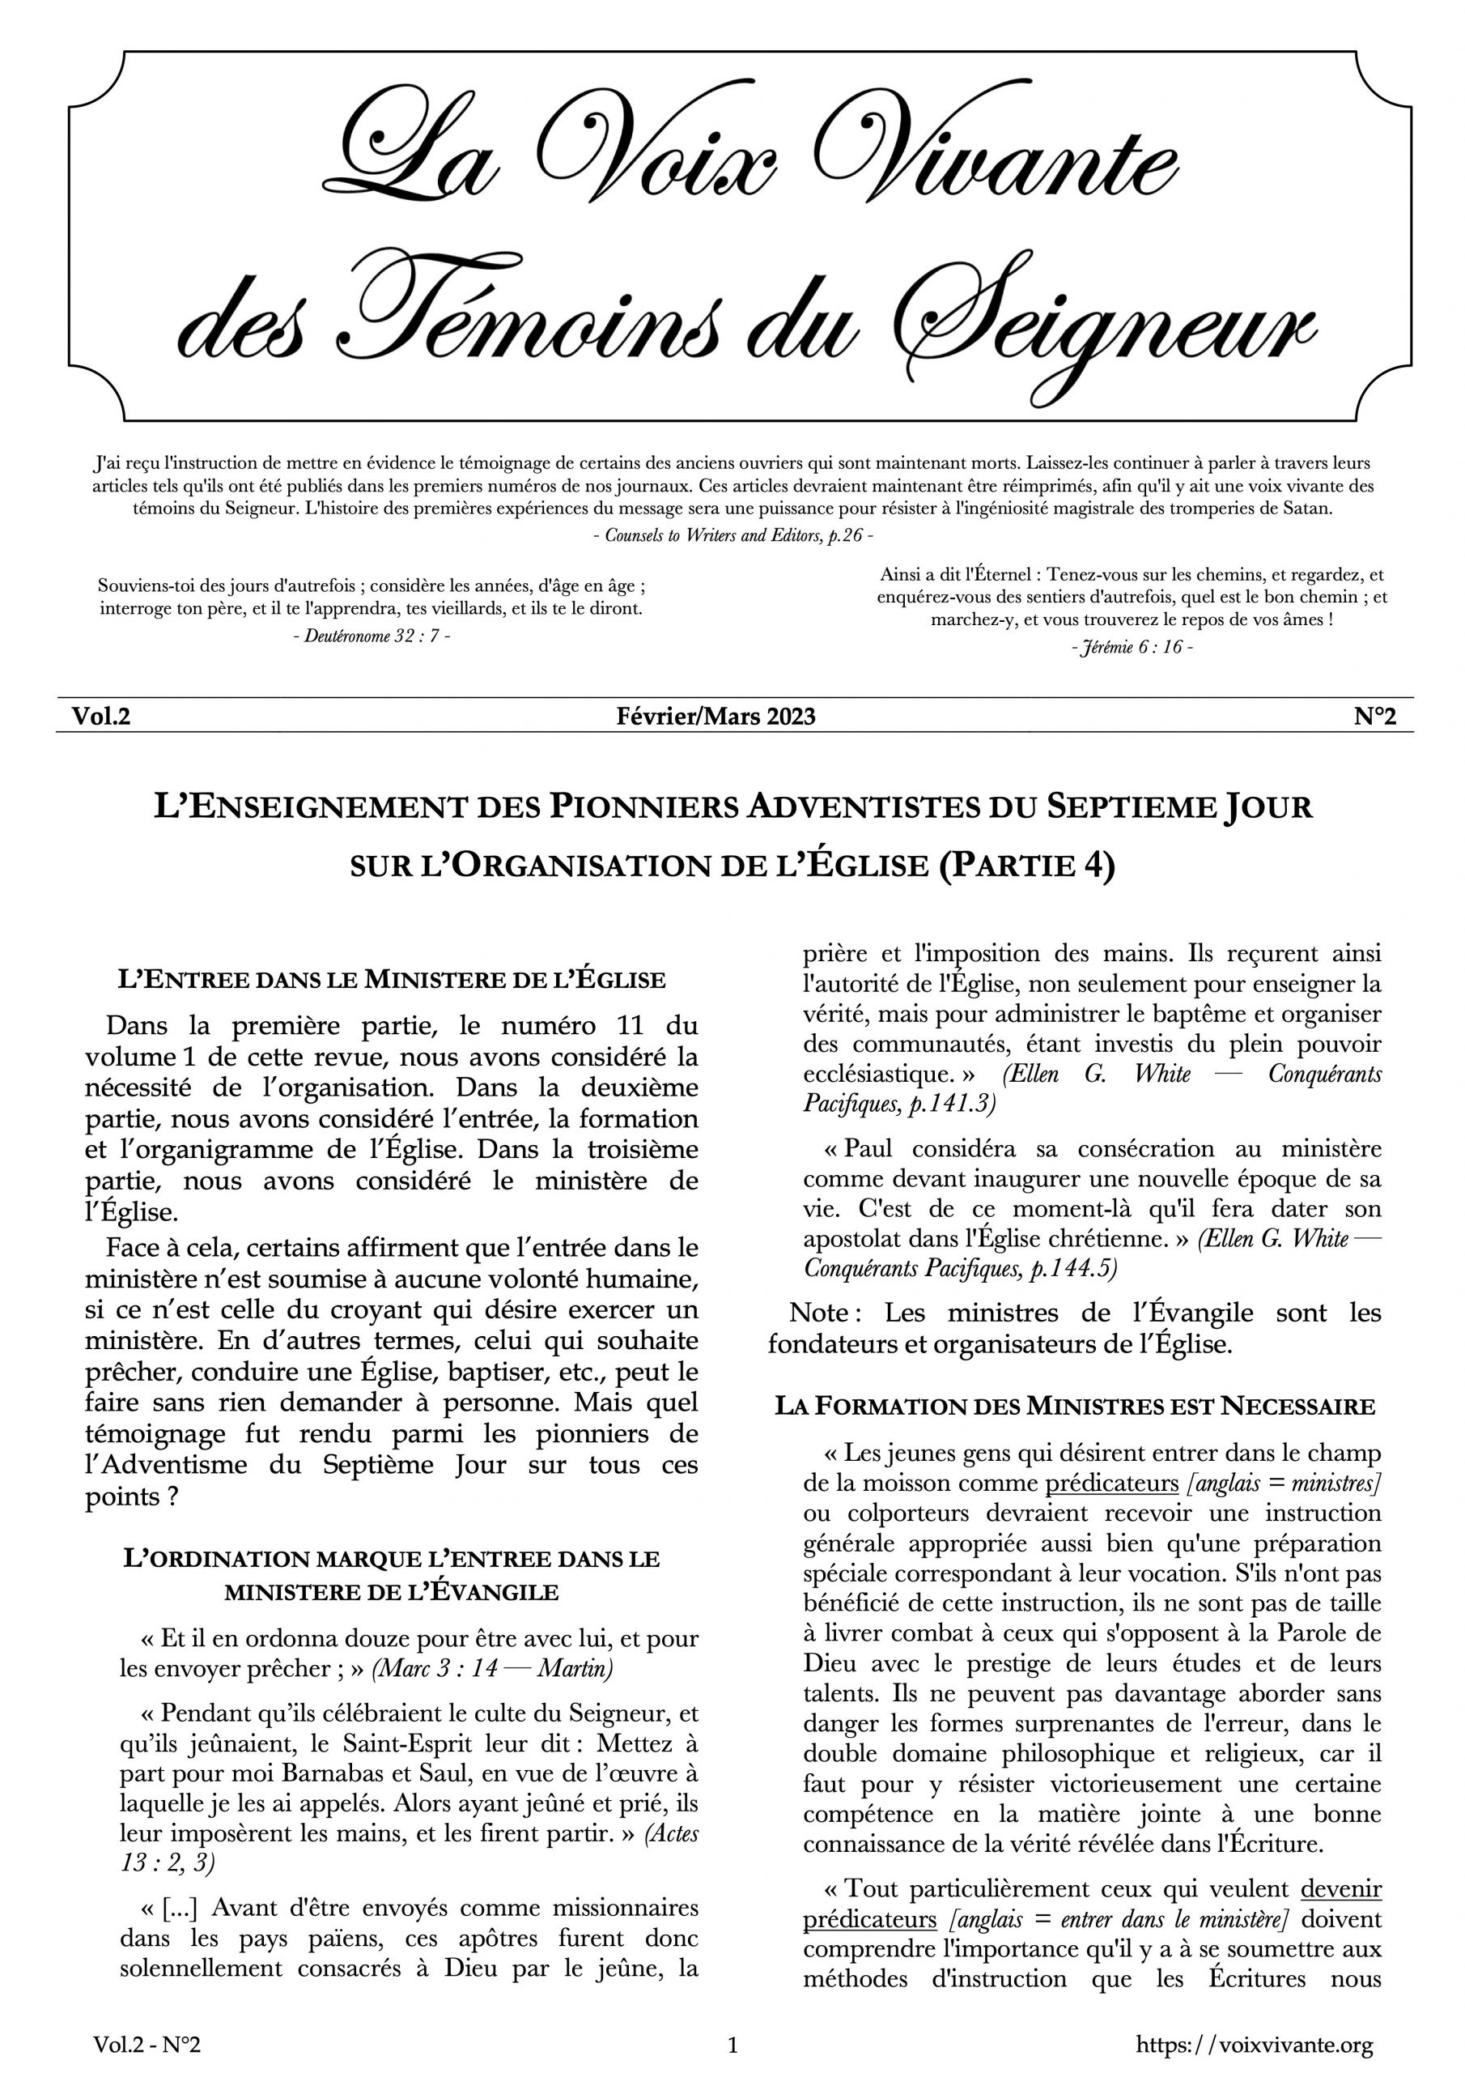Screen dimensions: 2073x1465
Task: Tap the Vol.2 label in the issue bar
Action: (x=101, y=716)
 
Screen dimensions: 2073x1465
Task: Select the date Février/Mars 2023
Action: (x=716, y=716)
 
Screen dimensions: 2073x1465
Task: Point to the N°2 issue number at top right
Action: (x=1374, y=716)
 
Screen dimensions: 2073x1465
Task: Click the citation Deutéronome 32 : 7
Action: (x=372, y=636)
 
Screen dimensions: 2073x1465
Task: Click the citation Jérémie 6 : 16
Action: (x=1132, y=647)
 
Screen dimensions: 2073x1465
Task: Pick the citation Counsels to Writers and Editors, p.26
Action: (x=732, y=534)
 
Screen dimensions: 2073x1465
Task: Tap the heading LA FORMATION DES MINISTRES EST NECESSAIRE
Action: (x=1075, y=1406)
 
